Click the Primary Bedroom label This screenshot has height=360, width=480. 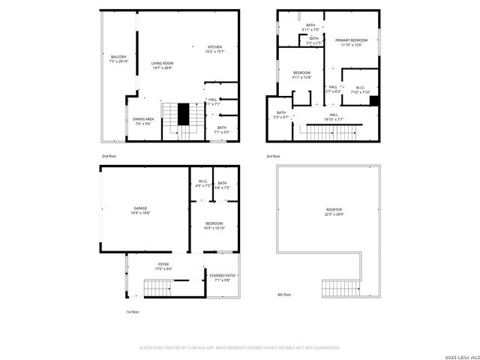coord(350,42)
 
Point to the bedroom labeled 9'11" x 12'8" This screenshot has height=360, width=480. coord(302,74)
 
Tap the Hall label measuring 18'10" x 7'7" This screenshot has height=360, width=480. coord(333,117)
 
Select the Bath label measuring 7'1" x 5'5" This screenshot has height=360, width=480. coord(222,130)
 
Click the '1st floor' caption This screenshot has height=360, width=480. coord(133,311)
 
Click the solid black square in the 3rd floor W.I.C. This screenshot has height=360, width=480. coord(375,101)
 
